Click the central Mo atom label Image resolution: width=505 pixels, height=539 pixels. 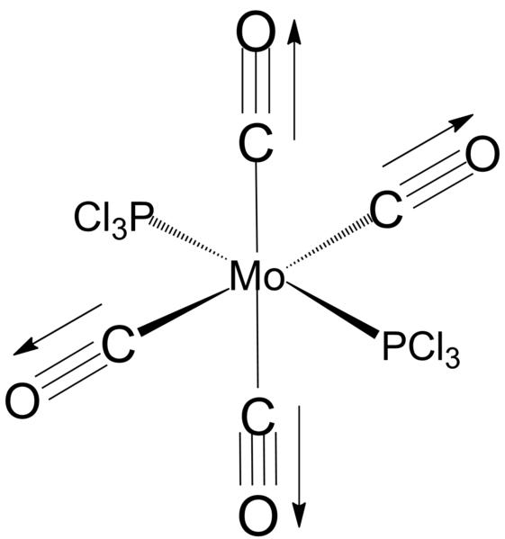pos(257,276)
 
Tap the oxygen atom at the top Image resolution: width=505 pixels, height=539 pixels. pos(257,31)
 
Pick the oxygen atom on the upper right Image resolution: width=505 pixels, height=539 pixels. pos(482,153)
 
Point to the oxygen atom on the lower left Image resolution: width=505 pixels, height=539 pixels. pos(23,400)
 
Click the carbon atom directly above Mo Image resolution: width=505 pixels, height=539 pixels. pos(257,144)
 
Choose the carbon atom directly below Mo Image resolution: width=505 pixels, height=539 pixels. pos(258,415)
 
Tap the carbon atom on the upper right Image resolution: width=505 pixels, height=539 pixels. pos(386,210)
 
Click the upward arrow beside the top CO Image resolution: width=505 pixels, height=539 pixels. pos(294,80)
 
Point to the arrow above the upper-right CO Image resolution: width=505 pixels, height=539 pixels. pos(428,140)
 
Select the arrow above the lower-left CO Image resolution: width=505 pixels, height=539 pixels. pos(58,329)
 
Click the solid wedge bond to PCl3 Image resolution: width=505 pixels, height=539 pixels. pos(332,310)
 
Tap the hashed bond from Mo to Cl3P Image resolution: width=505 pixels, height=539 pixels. pos(188,238)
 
